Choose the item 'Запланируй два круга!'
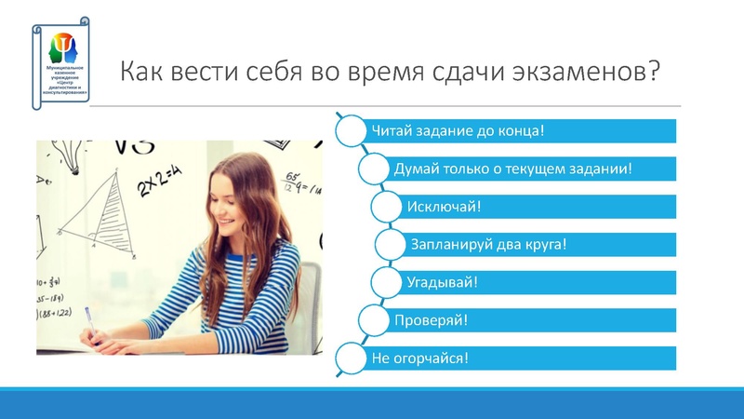(539, 245)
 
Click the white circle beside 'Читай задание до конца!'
(351, 130)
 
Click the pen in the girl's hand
(91, 321)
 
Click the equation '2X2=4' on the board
(160, 182)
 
